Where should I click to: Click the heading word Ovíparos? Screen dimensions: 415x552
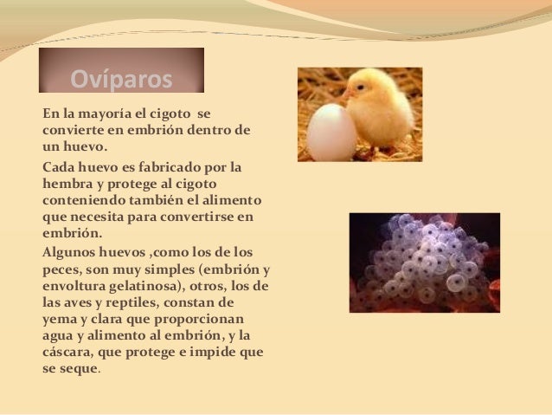[x=121, y=81]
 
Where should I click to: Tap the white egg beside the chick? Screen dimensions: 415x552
[x=331, y=132]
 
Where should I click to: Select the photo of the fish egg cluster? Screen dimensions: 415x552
[x=424, y=263]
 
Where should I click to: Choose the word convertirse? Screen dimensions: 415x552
[x=209, y=217]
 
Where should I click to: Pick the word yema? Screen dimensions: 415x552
[x=59, y=320]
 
